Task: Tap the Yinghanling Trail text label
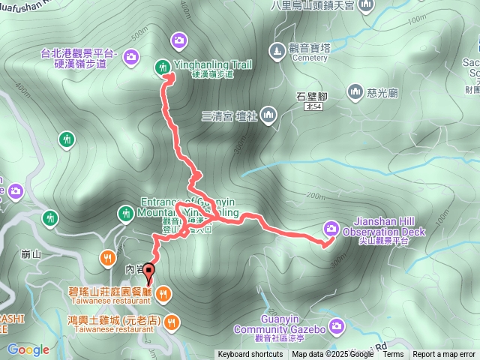(x=212, y=64)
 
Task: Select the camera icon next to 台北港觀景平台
(x=130, y=56)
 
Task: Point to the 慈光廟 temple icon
(x=355, y=91)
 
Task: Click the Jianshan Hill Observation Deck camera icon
(x=331, y=228)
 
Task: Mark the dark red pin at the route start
(x=148, y=274)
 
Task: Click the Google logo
(x=28, y=350)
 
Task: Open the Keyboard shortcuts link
(x=250, y=355)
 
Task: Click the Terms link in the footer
(x=393, y=355)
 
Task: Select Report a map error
(x=444, y=355)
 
